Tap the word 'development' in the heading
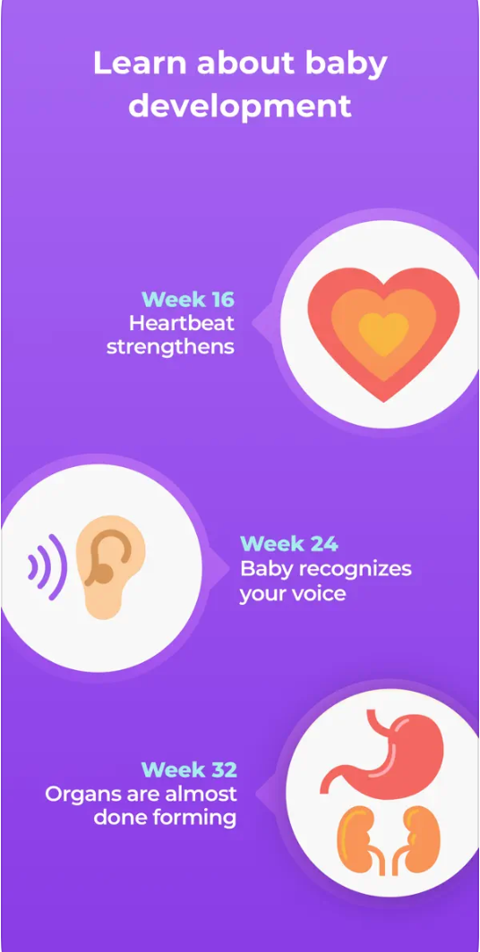pos(240,106)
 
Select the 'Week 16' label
pos(188,300)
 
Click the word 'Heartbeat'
pos(181,323)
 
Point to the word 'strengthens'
pos(170,347)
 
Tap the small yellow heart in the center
pos(383,333)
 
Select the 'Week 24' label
pos(288,543)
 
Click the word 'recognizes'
pos(350,569)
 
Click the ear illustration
pos(110,566)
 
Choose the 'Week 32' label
pos(189,769)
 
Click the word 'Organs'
pos(81,795)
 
